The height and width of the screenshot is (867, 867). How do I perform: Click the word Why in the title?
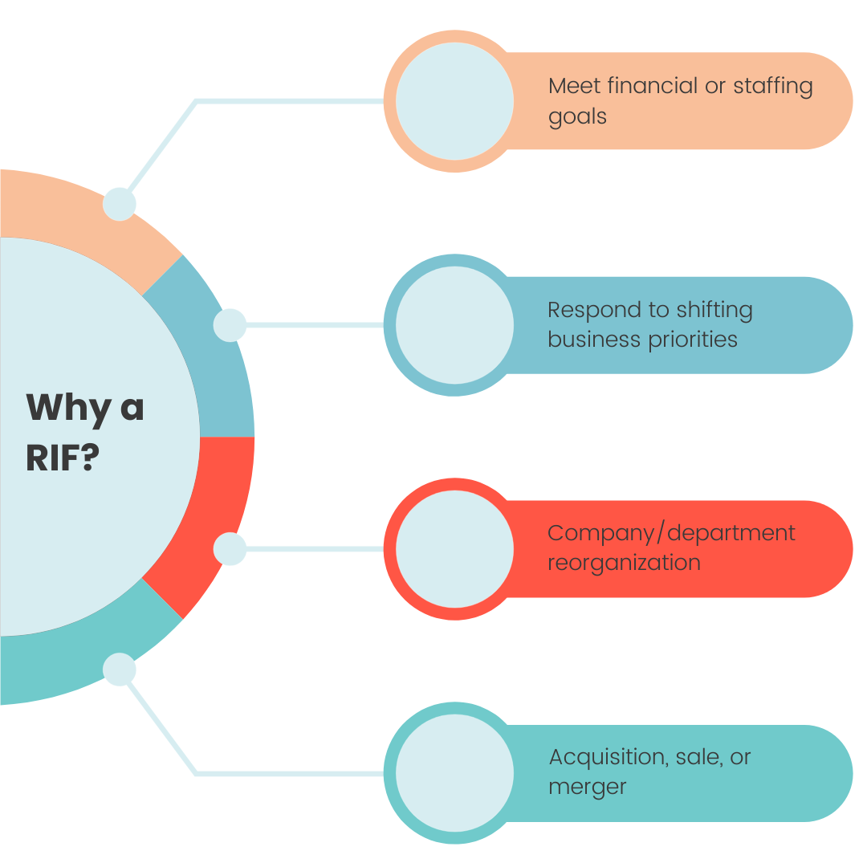tap(68, 408)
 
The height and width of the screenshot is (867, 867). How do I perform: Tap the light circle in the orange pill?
tap(454, 101)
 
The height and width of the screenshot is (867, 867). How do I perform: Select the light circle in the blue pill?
tap(454, 325)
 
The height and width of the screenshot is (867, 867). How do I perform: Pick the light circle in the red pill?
tap(454, 549)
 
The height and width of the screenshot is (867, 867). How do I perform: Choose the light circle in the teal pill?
tap(454, 773)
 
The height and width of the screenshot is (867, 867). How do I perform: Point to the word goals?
tap(577, 116)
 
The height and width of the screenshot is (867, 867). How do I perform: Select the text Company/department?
tap(671, 533)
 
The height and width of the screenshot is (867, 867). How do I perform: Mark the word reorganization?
tap(624, 563)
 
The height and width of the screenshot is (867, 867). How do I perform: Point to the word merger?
tap(587, 788)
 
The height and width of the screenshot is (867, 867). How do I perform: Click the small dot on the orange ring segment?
tap(120, 204)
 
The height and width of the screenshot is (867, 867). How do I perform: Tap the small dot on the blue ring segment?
tap(230, 325)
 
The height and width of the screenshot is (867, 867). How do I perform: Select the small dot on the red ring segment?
tap(230, 549)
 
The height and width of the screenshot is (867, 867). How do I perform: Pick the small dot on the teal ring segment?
tap(120, 670)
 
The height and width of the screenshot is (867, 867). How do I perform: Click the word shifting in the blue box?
tap(714, 311)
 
